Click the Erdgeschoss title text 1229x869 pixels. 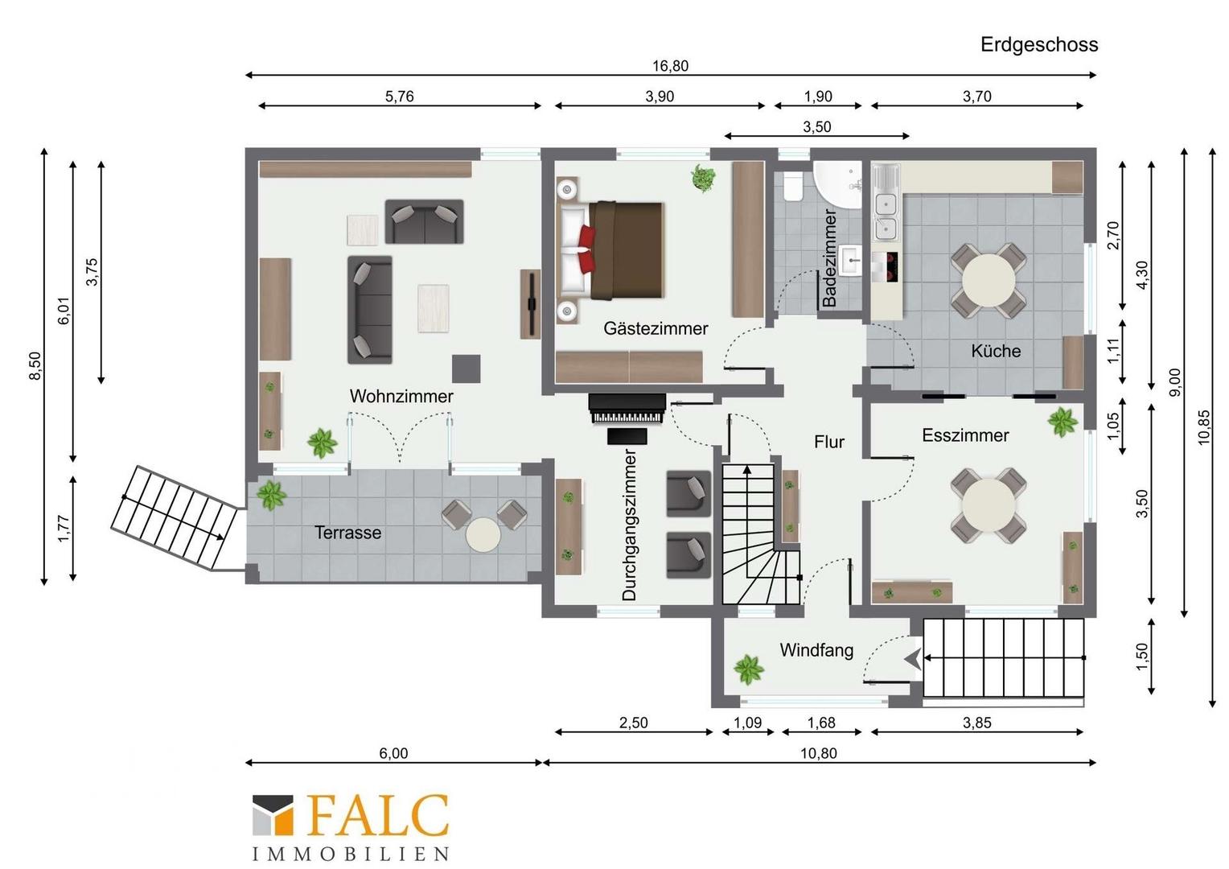[x=1039, y=44]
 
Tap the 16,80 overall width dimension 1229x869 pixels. [x=670, y=66]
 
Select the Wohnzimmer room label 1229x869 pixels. [x=401, y=396]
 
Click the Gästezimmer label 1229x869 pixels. [x=656, y=328]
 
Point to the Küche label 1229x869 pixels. [x=996, y=351]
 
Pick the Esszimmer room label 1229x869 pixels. [x=965, y=435]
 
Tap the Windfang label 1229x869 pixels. [x=816, y=650]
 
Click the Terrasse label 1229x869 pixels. [x=347, y=533]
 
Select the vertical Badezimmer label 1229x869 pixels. [x=829, y=257]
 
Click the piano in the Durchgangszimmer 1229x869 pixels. [x=627, y=409]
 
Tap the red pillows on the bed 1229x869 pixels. [x=586, y=249]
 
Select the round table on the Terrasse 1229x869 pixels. [x=483, y=534]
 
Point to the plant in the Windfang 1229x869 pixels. [x=749, y=669]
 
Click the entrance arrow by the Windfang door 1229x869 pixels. [x=913, y=658]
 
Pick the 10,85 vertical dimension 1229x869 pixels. [x=1203, y=427]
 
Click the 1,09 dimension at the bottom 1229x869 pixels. [x=748, y=723]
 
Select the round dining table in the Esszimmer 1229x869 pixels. [x=989, y=505]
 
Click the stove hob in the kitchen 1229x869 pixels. [x=886, y=267]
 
